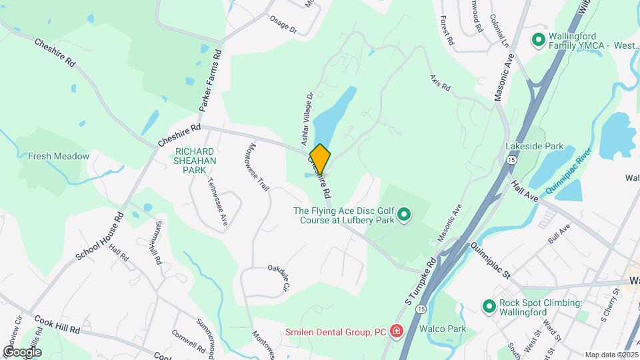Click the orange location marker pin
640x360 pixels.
pyautogui.click(x=320, y=159)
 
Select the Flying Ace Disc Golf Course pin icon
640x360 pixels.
pyautogui.click(x=404, y=215)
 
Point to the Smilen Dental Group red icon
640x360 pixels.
pyautogui.click(x=397, y=331)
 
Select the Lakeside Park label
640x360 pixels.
pyautogui.click(x=535, y=146)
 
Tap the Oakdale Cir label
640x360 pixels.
pyautogui.click(x=280, y=277)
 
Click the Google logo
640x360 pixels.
pyautogui.click(x=22, y=351)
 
